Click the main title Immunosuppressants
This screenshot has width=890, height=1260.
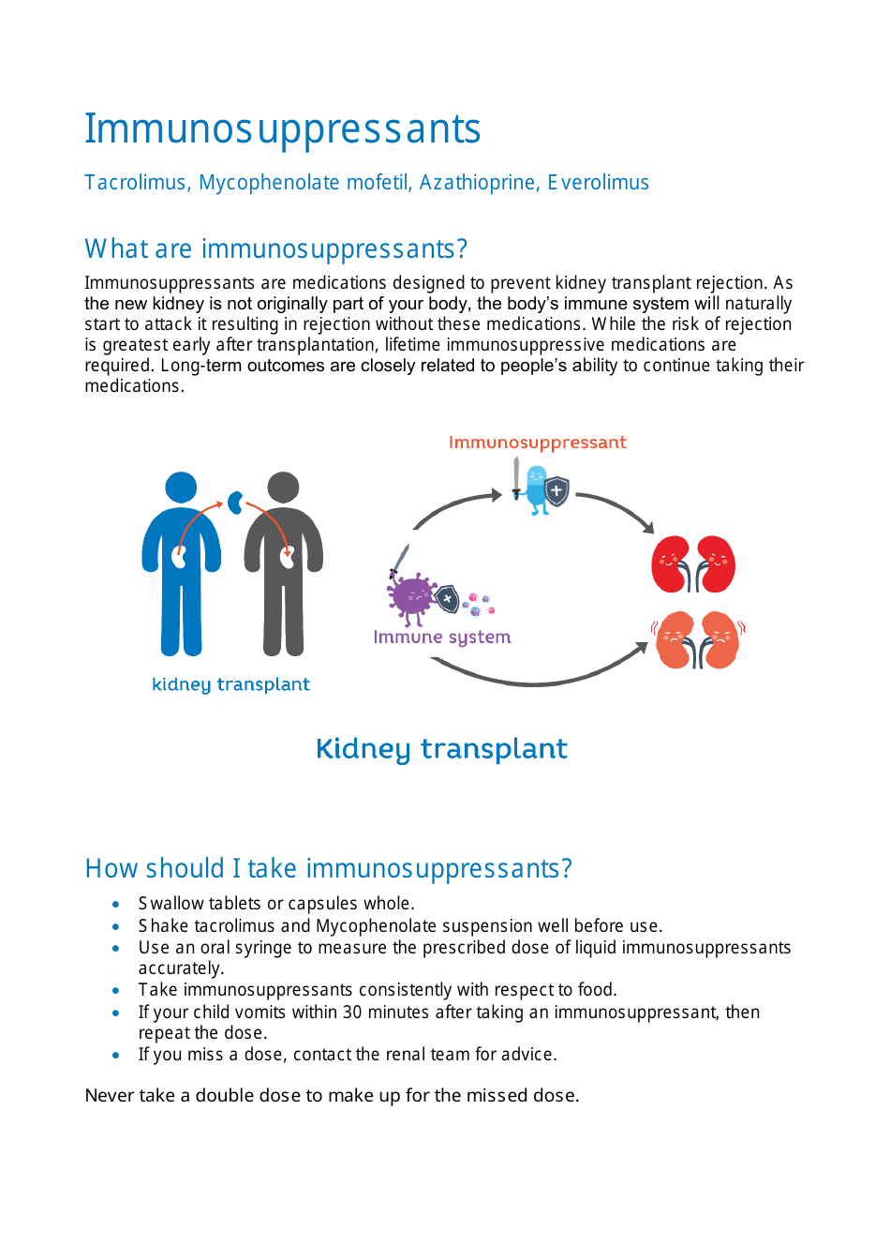coord(282,129)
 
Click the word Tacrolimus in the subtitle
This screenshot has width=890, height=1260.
coord(135,183)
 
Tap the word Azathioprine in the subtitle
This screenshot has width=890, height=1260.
coord(477,183)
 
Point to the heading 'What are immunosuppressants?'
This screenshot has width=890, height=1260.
coord(275,249)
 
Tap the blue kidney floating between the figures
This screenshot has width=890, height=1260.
coord(236,503)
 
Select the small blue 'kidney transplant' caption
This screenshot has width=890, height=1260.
coord(230,684)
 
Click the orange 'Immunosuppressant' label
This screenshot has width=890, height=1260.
coord(537,442)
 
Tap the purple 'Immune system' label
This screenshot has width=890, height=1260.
coord(441,637)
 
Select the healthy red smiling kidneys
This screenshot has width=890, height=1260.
coord(693,564)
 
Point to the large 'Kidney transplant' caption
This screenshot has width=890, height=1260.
coord(441,749)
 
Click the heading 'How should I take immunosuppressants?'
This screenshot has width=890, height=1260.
coord(328,869)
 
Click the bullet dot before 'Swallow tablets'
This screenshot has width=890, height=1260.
coord(115,905)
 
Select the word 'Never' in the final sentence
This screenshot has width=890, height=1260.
coord(110,1096)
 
